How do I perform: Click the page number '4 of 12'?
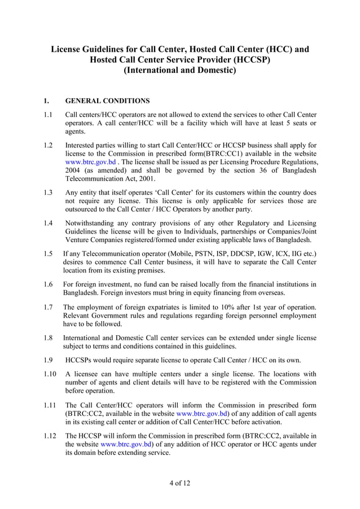point(180,483)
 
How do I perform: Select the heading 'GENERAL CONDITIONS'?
point(107,101)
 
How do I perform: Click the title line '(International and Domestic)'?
point(180,71)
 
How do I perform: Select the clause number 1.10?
point(50,374)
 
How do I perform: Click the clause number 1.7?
point(49,308)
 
